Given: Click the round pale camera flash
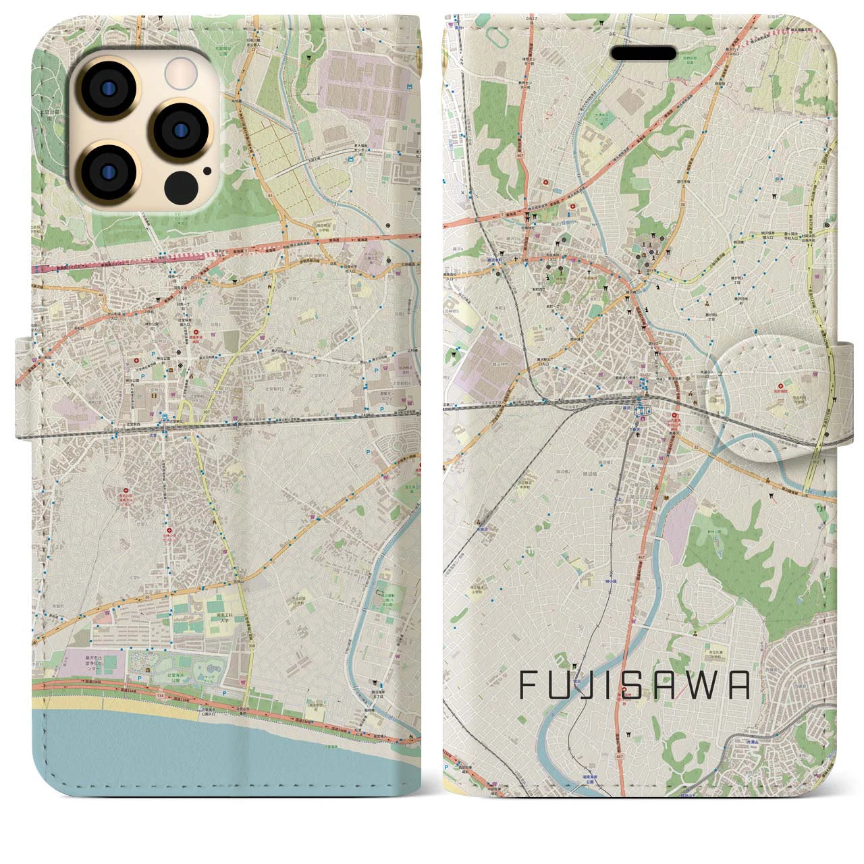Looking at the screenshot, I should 179,70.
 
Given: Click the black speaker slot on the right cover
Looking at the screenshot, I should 643,53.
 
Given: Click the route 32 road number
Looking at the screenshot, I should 696,445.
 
